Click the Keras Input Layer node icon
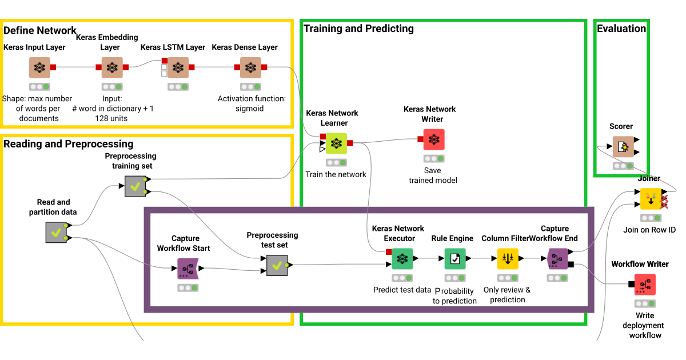(x=39, y=67)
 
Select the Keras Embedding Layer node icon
(x=112, y=67)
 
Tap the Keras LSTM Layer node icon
(x=178, y=67)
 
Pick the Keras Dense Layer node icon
(x=250, y=67)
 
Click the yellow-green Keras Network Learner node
(x=336, y=143)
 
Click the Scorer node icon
(x=623, y=147)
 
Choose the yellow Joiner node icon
(x=650, y=199)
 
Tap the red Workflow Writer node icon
(x=644, y=285)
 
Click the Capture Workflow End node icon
(x=556, y=259)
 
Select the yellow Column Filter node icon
(x=508, y=259)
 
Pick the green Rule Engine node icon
(x=455, y=259)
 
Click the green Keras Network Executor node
(x=402, y=259)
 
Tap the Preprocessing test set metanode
(x=277, y=265)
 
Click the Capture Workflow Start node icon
(x=188, y=268)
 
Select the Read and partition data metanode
(x=56, y=233)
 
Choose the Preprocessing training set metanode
(x=135, y=186)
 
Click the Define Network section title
(x=39, y=30)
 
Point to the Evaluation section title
(x=621, y=29)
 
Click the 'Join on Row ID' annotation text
(x=649, y=230)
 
